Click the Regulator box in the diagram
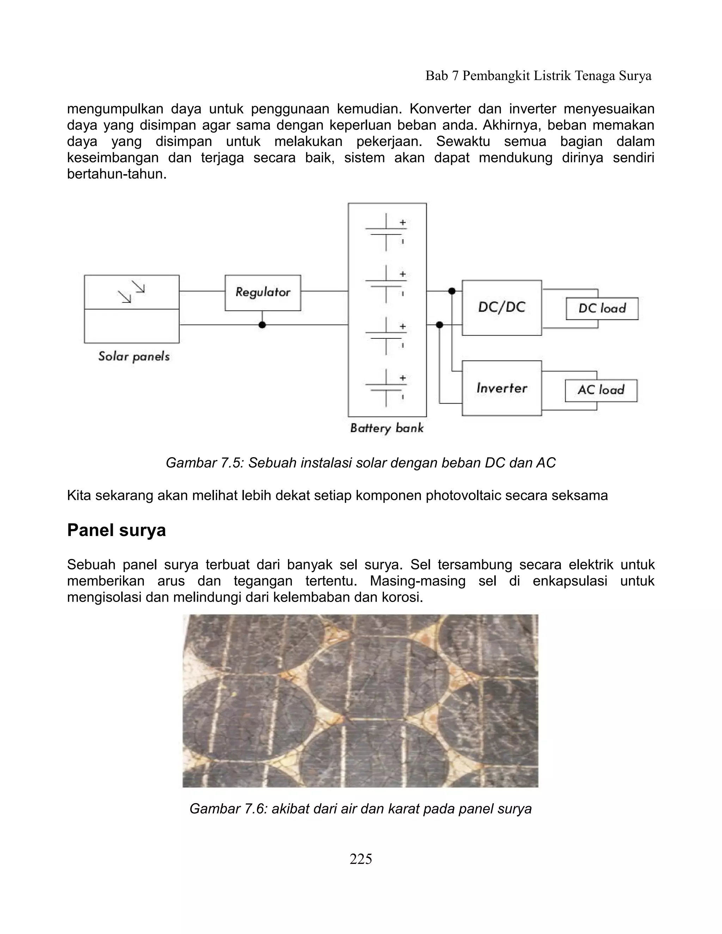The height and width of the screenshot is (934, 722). pyautogui.click(x=263, y=293)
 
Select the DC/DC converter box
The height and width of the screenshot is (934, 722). pyautogui.click(x=501, y=307)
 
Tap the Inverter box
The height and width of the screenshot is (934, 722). pyautogui.click(x=501, y=388)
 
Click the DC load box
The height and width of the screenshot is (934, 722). pyautogui.click(x=602, y=308)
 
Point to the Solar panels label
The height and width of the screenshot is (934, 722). pyautogui.click(x=134, y=357)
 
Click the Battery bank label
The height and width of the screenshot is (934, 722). pyautogui.click(x=387, y=428)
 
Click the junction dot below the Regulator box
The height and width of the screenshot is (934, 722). pyautogui.click(x=262, y=325)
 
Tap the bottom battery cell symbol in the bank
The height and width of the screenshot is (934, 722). pyautogui.click(x=386, y=387)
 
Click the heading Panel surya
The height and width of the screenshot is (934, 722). pyautogui.click(x=116, y=530)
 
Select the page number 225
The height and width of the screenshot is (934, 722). pyautogui.click(x=361, y=859)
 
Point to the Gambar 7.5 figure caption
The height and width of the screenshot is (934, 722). pyautogui.click(x=361, y=463)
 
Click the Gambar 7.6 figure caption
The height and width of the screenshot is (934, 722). pyautogui.click(x=361, y=809)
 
